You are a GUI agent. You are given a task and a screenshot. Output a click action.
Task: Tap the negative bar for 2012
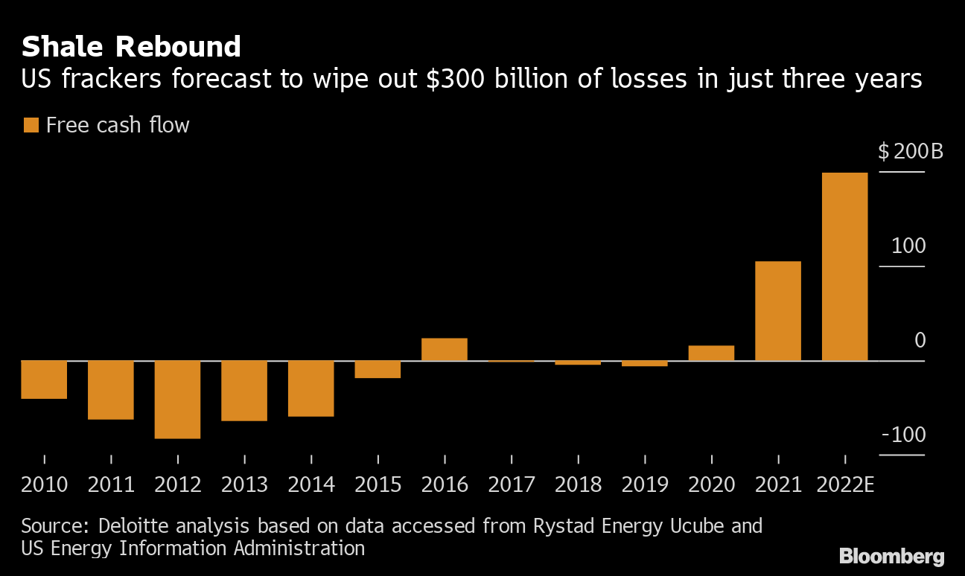[x=177, y=400]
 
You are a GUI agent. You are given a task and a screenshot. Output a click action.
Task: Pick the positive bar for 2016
[x=444, y=350]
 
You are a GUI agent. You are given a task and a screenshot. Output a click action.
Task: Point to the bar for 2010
[x=44, y=380]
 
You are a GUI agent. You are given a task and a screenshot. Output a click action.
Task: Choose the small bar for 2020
[x=711, y=353]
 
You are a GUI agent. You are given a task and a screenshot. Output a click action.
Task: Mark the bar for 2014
[x=310, y=388]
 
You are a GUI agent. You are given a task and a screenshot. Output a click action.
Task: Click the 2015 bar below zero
[x=378, y=370]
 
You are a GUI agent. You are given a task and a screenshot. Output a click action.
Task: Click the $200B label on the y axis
[x=910, y=152]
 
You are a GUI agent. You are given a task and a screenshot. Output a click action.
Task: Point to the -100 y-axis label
[x=903, y=435]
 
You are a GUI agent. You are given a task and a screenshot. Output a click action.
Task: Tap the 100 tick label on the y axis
[x=908, y=246]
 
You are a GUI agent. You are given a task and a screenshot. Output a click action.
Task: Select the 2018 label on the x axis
[x=578, y=485]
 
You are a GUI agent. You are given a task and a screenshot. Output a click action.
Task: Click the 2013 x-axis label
[x=244, y=485]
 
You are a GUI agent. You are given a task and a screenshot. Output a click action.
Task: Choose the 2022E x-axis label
[x=845, y=485]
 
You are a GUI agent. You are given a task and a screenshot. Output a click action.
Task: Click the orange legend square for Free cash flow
[x=31, y=125]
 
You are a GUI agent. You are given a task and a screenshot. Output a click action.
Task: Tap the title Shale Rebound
[x=131, y=47]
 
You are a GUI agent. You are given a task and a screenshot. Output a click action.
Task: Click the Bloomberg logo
[x=891, y=556]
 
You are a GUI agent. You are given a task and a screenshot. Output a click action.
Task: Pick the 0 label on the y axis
[x=920, y=341]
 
